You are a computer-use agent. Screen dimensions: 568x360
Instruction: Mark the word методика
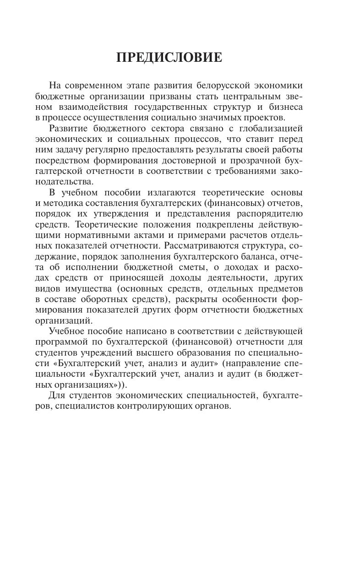(60, 203)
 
